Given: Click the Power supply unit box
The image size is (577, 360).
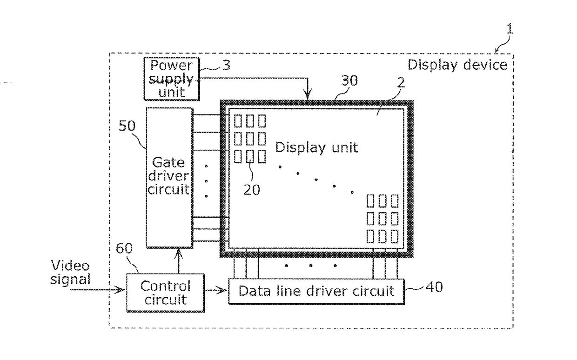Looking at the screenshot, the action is point(172,79).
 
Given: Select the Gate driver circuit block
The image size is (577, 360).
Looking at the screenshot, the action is point(169,178).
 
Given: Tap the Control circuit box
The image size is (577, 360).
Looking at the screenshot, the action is point(165,293).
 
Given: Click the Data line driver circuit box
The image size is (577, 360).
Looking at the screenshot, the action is point(316,292).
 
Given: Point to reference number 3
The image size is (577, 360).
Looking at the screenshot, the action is point(226,65).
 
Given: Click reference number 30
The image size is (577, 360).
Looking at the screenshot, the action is point(349,80).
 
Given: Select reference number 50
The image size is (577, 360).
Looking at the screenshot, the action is point(127,126).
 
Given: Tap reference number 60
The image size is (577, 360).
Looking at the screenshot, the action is point(124,248).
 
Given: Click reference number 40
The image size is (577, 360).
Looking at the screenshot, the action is point(434,287).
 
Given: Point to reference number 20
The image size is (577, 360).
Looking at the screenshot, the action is point(252,190).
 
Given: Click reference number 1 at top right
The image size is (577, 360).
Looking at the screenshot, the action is point(510,29).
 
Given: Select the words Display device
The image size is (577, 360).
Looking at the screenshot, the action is point(457,65).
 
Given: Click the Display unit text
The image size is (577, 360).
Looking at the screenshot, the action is point(316,147).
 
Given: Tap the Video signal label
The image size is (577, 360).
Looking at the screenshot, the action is point(70,272).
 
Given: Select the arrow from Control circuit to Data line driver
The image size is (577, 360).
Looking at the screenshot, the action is point(216,291).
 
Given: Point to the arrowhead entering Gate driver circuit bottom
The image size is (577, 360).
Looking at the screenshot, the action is point(178,254).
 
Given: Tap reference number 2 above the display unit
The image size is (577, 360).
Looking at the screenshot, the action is point(401,83).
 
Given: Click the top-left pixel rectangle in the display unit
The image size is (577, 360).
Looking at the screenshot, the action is point(237,121).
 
